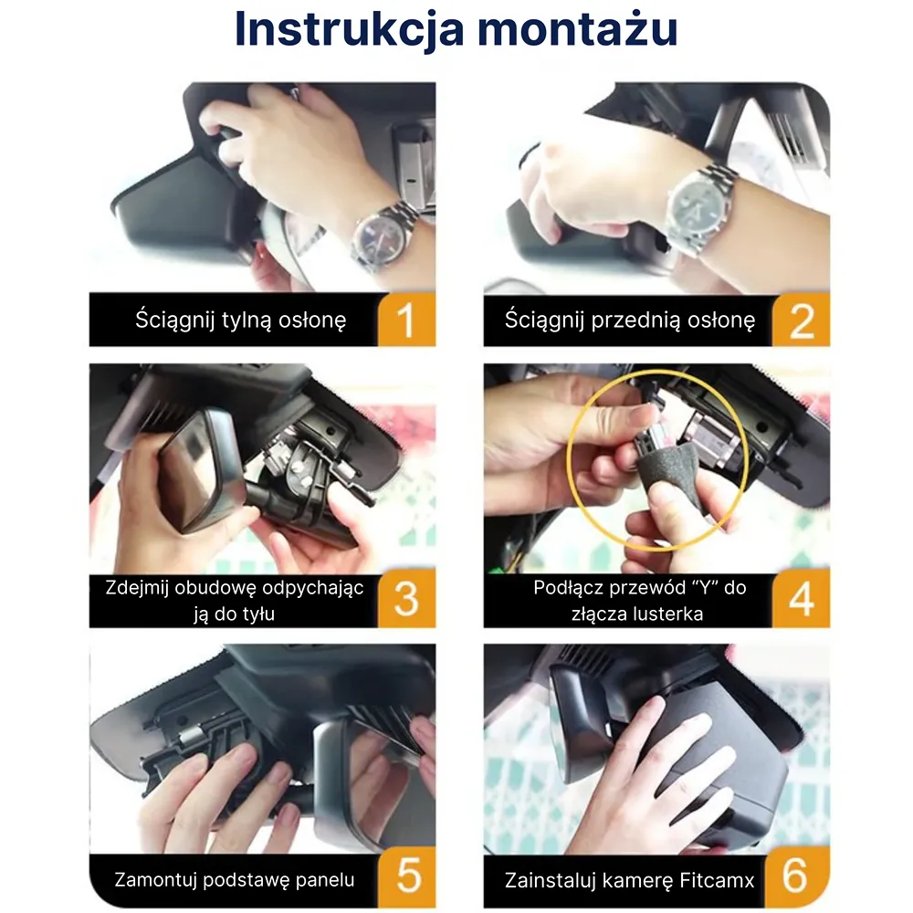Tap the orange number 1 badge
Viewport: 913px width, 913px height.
[x=406, y=320]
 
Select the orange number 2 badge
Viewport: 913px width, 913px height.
[x=802, y=320]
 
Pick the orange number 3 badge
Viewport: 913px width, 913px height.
[x=406, y=600]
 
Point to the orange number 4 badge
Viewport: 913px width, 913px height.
[x=802, y=600]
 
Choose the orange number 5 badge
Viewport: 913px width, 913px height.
[x=407, y=876]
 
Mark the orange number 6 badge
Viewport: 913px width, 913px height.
[x=798, y=876]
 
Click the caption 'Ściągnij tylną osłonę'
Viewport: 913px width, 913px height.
[x=240, y=320]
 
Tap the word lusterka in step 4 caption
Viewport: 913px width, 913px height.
[x=666, y=614]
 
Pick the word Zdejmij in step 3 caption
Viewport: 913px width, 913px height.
[x=137, y=588]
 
